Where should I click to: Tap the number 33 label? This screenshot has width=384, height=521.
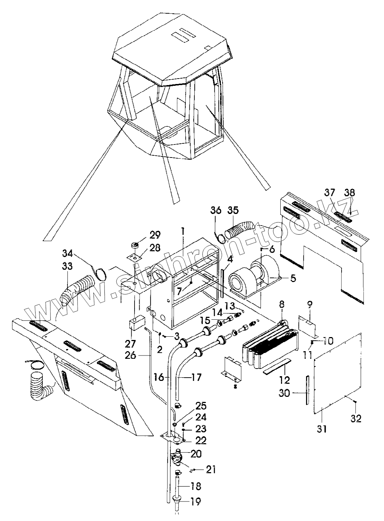(67, 266)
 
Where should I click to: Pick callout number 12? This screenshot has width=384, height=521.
(285, 380)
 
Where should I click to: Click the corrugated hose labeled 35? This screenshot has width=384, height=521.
(239, 230)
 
